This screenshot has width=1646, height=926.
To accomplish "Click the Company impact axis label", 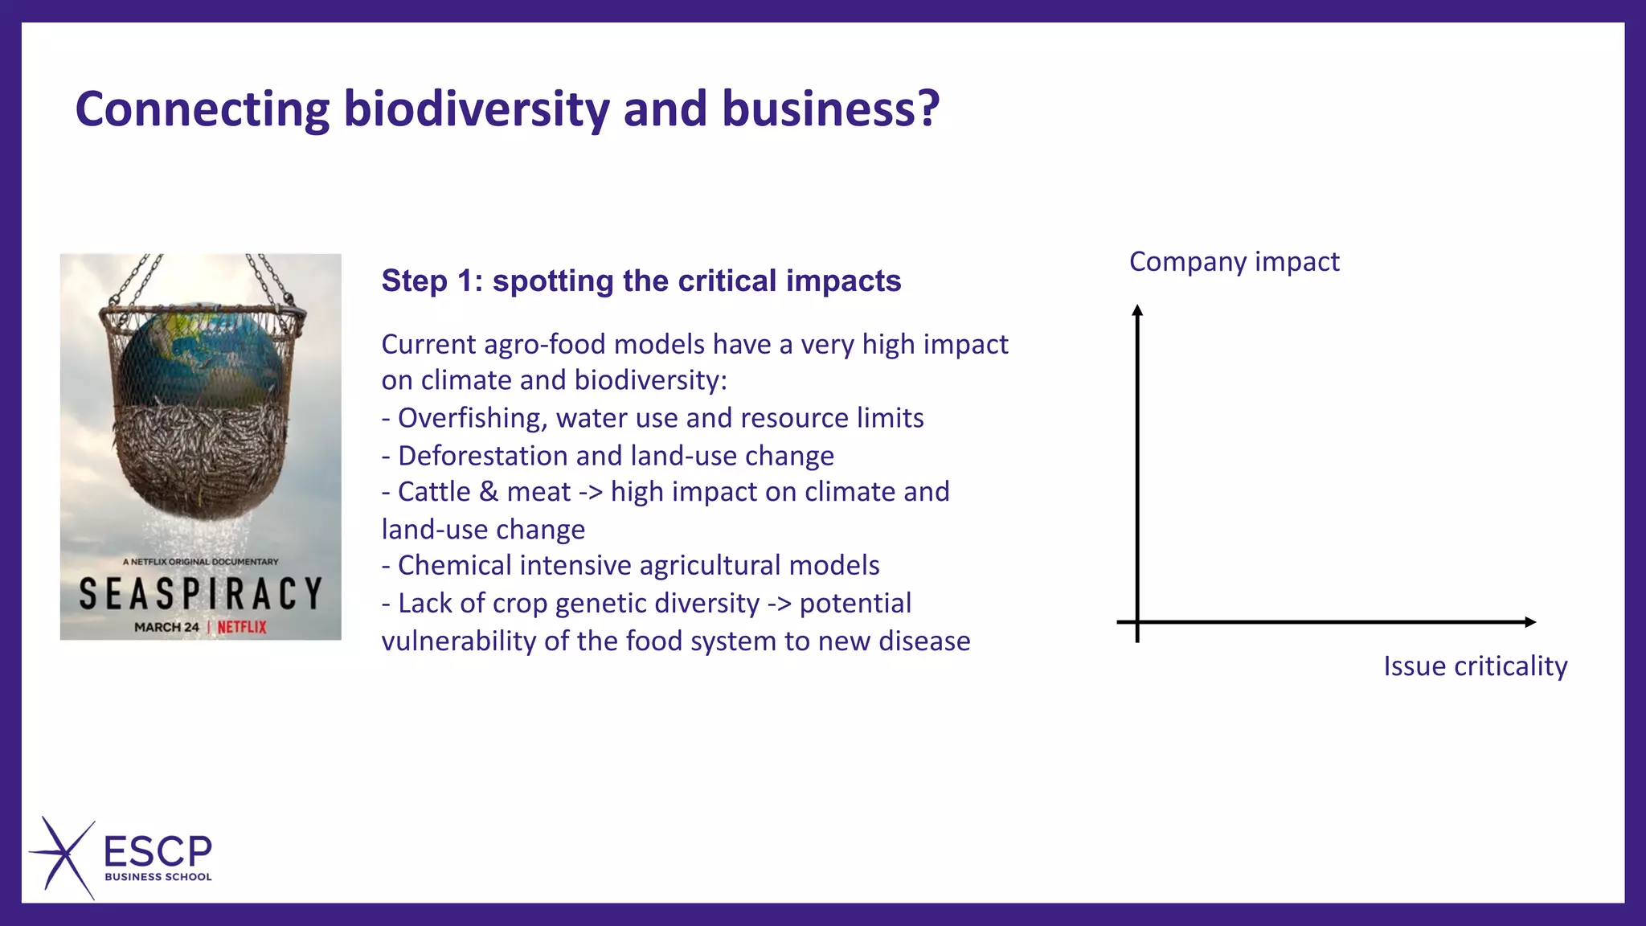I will pyautogui.click(x=1234, y=262).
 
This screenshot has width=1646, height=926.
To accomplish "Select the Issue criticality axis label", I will pyautogui.click(x=1475, y=666).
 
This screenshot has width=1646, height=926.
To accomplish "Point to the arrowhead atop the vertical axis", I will pyautogui.click(x=1137, y=311).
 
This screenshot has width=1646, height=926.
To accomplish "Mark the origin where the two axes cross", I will pyautogui.click(x=1137, y=622).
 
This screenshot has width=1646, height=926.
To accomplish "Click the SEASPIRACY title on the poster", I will pyautogui.click(x=201, y=595).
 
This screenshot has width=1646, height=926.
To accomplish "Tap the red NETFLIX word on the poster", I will pyautogui.click(x=242, y=627).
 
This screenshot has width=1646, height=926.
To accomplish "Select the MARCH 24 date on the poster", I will pyautogui.click(x=166, y=627).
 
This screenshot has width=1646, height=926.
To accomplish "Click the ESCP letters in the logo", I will pyautogui.click(x=158, y=851).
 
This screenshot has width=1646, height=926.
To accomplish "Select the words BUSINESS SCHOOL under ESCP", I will pyautogui.click(x=158, y=877).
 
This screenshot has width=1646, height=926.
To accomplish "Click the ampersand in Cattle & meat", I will pyautogui.click(x=488, y=492).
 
